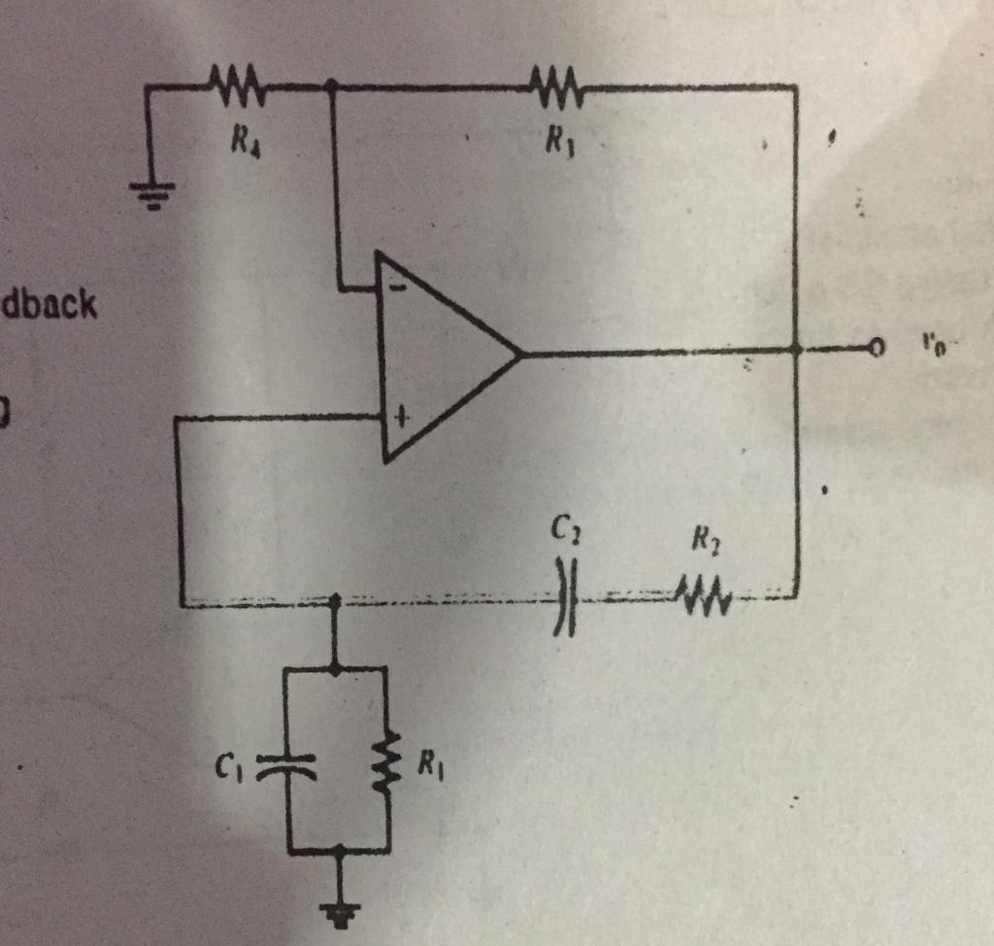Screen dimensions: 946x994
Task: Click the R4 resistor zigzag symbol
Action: [x=234, y=85]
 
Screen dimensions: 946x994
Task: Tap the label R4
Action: [x=242, y=145]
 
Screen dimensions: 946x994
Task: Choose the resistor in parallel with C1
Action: [x=387, y=764]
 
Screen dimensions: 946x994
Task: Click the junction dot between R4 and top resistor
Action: [x=331, y=86]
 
